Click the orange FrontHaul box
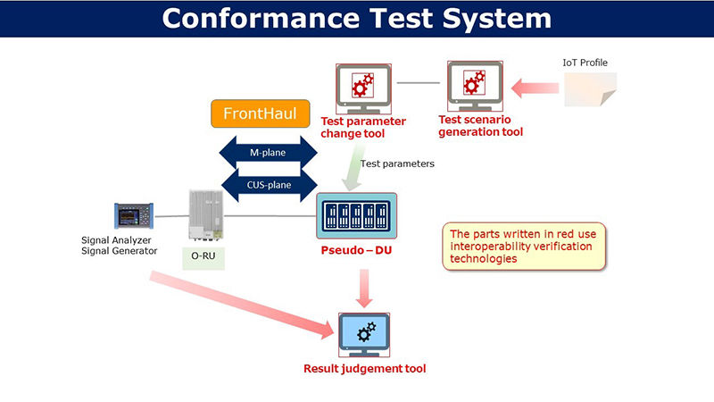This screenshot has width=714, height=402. (x=253, y=114)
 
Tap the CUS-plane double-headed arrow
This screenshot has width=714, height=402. (x=268, y=186)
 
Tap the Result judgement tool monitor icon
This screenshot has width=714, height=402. (x=364, y=334)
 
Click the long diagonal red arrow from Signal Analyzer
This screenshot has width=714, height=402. (x=241, y=304)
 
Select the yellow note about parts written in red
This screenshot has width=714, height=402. (x=525, y=246)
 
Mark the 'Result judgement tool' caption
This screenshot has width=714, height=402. (x=364, y=368)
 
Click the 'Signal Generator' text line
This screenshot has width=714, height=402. (x=119, y=251)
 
